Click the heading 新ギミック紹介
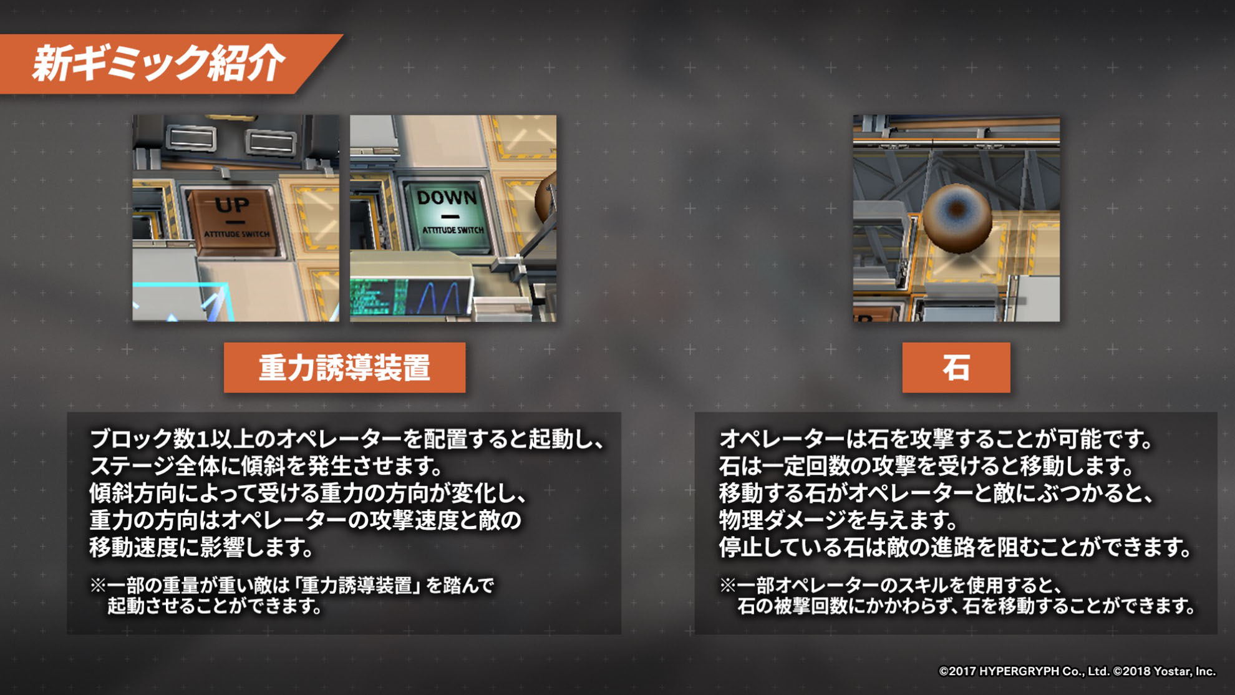[x=158, y=63]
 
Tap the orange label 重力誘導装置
[x=344, y=367]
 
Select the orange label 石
[x=956, y=367]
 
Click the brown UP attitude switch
[x=233, y=221]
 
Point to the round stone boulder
[x=957, y=218]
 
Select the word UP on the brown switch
[x=232, y=205]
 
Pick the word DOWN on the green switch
[x=447, y=198]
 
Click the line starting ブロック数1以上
[x=347, y=439]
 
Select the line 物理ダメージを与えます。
[x=838, y=520]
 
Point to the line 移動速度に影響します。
[x=201, y=547]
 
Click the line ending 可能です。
[x=936, y=439]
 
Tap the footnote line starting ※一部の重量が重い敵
[x=292, y=585]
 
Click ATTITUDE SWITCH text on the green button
[x=453, y=230]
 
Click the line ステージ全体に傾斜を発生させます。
[x=266, y=466]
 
